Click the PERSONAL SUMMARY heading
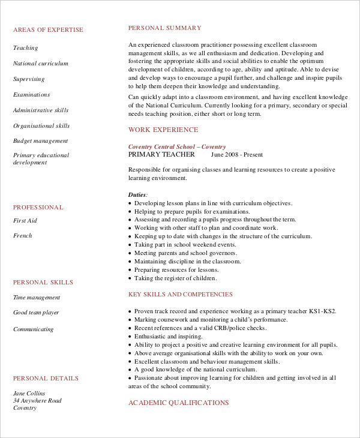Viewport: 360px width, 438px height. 164,28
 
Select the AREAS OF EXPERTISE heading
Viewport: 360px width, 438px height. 48,30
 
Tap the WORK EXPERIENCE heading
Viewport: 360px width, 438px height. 163,130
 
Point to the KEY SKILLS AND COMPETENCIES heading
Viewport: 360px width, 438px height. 181,295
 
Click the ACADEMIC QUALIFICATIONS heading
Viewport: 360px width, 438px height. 178,403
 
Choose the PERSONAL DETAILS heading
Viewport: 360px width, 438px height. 46,379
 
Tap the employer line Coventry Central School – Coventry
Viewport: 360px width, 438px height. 177,146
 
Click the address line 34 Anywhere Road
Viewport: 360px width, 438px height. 37,401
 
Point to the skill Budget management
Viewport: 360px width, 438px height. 41,141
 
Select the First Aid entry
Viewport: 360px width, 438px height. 25,221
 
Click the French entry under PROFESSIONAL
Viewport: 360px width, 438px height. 23,236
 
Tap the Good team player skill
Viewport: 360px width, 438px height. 36,313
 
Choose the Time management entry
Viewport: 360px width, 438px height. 37,298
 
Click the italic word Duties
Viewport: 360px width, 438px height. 137,195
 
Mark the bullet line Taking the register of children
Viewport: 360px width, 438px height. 175,278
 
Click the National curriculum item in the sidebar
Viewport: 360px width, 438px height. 41,64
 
